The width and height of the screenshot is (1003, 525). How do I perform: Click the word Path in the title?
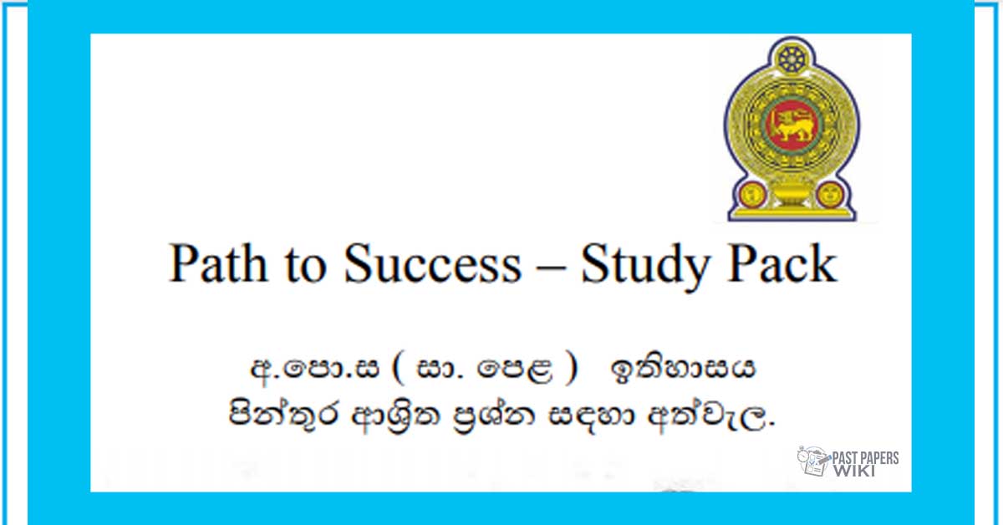click(x=217, y=263)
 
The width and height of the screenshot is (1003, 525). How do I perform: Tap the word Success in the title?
click(x=433, y=263)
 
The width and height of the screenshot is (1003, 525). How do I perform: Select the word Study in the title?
click(x=645, y=267)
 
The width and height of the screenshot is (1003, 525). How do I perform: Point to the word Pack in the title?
click(x=782, y=263)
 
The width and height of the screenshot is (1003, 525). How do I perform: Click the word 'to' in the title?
click(x=305, y=267)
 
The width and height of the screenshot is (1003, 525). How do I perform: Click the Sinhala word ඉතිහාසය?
click(x=682, y=370)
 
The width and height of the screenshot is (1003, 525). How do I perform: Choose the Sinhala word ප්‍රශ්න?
click(x=494, y=415)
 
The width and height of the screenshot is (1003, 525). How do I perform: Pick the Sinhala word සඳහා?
click(x=591, y=415)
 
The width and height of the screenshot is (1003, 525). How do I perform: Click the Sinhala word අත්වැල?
click(x=710, y=415)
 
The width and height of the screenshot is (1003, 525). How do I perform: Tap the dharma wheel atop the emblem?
click(x=792, y=59)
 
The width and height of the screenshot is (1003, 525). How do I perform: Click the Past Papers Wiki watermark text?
click(x=865, y=464)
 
